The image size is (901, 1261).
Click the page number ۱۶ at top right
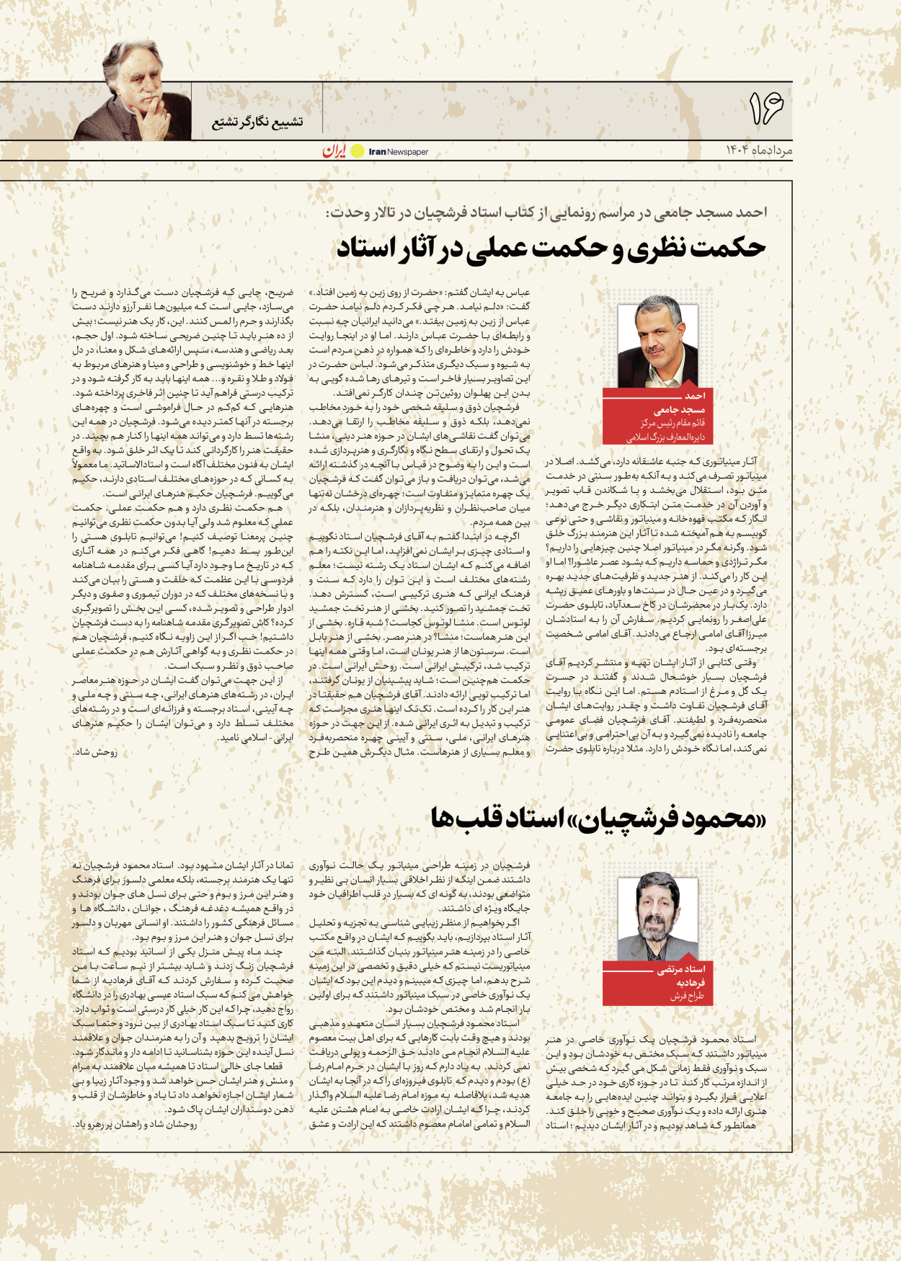coord(765,109)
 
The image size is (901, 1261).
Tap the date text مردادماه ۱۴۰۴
coord(758,150)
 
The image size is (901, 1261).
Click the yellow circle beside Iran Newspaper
coord(358,151)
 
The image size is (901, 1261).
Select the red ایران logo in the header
coord(334,151)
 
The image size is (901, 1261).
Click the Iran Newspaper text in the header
coord(399,152)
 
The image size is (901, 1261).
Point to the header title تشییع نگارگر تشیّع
coord(257,122)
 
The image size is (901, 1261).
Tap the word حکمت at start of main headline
coord(727,248)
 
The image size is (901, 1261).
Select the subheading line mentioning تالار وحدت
coord(546,213)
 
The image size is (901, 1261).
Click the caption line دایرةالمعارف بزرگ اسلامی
coord(665,437)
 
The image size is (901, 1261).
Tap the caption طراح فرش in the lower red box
coord(687,996)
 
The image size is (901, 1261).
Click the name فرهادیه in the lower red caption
coord(690,982)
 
